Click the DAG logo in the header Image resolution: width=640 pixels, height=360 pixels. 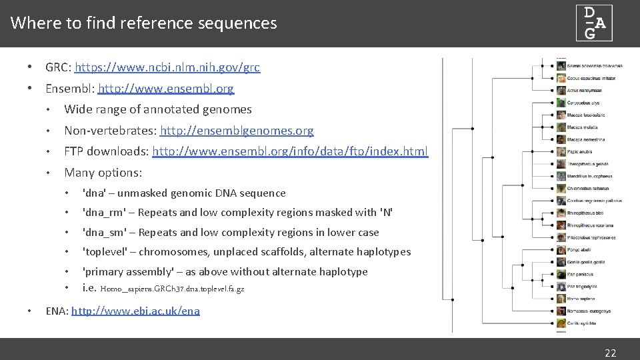(x=594, y=23)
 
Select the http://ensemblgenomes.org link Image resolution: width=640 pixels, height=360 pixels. (x=237, y=131)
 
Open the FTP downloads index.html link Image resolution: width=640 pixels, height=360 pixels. (x=290, y=151)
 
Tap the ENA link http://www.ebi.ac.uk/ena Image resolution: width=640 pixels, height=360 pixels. (x=135, y=311)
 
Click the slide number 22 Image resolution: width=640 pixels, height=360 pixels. (x=610, y=353)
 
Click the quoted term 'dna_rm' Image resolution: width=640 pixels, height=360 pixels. (x=104, y=213)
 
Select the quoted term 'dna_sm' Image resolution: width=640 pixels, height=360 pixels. (x=104, y=233)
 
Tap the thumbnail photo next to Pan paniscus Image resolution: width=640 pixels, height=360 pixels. (x=561, y=274)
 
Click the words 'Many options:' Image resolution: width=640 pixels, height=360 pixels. (x=103, y=173)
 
